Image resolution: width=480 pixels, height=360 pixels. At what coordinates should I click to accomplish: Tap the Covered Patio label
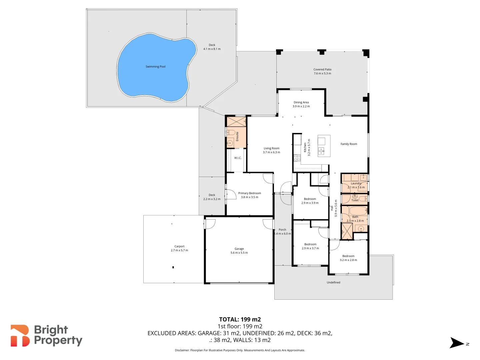click(x=322, y=70)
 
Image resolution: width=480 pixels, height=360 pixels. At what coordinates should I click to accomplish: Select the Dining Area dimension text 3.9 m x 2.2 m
click(x=301, y=107)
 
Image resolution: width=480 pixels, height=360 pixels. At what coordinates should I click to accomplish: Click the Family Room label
click(x=349, y=144)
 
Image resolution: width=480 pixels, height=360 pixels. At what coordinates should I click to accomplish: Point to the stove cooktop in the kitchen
click(x=297, y=158)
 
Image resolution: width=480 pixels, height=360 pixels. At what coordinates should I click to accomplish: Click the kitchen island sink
click(x=321, y=151)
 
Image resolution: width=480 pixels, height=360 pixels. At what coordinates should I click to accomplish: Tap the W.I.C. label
click(x=238, y=158)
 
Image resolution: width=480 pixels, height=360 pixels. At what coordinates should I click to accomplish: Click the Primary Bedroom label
click(x=249, y=193)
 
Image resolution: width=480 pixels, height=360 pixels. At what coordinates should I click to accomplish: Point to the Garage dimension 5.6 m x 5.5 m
click(x=239, y=253)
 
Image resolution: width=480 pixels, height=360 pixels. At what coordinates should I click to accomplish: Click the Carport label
click(x=179, y=246)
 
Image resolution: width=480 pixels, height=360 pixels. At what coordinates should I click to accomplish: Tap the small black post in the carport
click(x=173, y=267)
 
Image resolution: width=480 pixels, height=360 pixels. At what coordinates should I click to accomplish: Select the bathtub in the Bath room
click(x=358, y=211)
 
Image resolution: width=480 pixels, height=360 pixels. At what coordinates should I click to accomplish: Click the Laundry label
click(x=356, y=183)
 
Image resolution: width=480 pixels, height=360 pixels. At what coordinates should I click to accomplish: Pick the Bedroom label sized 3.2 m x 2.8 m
click(x=348, y=256)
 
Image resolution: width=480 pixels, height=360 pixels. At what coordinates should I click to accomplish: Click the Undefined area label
click(x=333, y=282)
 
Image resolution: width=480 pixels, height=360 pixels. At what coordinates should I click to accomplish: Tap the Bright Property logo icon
click(x=20, y=336)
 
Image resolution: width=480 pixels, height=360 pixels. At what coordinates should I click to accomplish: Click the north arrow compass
click(x=457, y=343)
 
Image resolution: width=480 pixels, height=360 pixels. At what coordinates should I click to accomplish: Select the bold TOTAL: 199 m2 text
click(x=240, y=319)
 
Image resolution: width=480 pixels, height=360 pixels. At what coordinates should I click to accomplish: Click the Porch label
click(x=282, y=230)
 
